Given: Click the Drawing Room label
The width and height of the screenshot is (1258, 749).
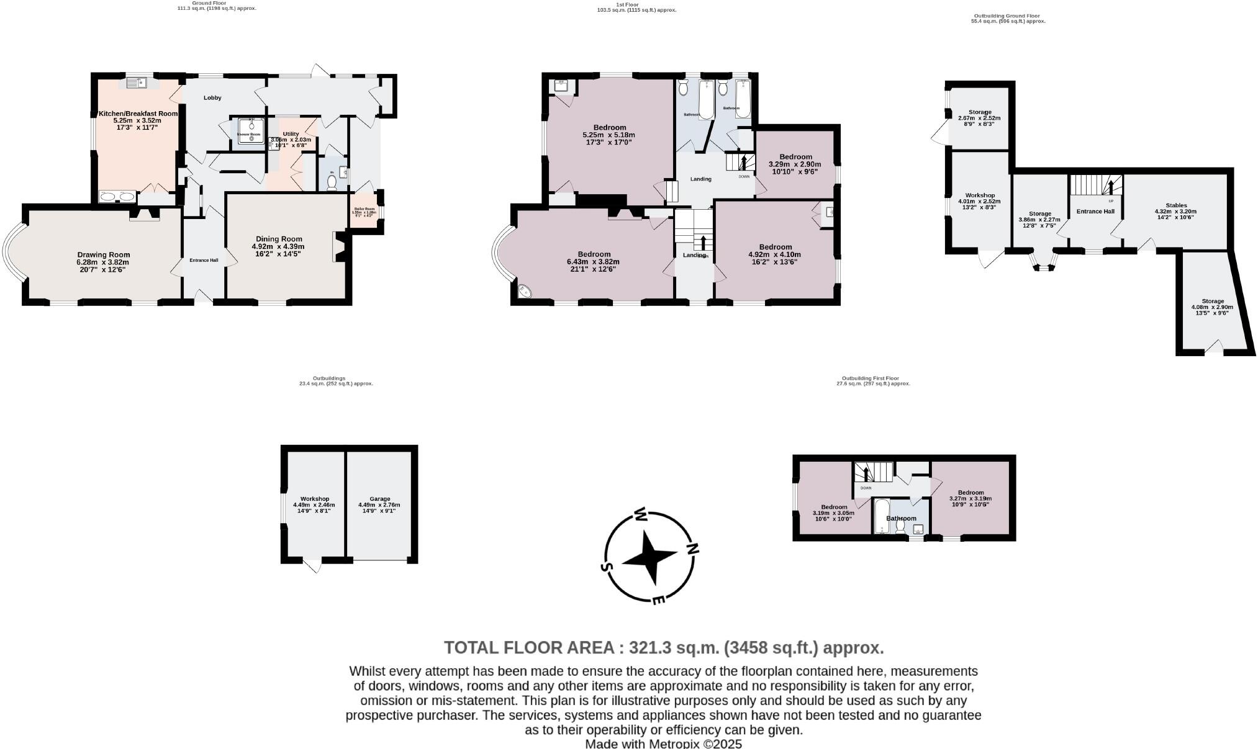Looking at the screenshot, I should tap(104, 254).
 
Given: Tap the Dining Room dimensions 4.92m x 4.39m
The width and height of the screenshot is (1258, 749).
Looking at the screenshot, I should tap(278, 246).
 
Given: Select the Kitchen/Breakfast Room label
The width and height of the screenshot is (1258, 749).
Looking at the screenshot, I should tap(138, 114).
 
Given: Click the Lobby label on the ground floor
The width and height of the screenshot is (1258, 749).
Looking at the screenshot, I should tap(212, 97).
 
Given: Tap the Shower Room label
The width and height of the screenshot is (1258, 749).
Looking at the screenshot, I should tap(248, 134).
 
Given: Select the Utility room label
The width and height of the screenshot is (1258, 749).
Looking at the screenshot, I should tap(291, 134).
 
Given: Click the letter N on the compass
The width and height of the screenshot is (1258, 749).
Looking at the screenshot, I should tap(692, 548).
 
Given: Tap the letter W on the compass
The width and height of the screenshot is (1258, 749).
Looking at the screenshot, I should tap(641, 514).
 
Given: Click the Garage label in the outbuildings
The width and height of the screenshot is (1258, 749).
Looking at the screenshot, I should tap(379, 498).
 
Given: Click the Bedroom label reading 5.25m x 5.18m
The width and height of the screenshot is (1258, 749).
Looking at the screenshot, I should tap(609, 128).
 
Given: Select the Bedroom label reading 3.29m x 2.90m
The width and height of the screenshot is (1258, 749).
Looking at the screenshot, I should tap(795, 157).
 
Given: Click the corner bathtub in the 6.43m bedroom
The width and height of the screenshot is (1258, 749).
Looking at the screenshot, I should tap(525, 290).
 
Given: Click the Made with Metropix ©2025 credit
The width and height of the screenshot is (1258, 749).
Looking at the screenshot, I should tap(663, 743).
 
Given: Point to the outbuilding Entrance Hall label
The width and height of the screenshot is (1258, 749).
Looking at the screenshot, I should tap(1095, 212).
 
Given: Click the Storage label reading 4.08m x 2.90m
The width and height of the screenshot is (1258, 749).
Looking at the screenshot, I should tap(1212, 301).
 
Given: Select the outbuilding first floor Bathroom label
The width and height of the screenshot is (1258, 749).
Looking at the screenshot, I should tap(900, 518).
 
